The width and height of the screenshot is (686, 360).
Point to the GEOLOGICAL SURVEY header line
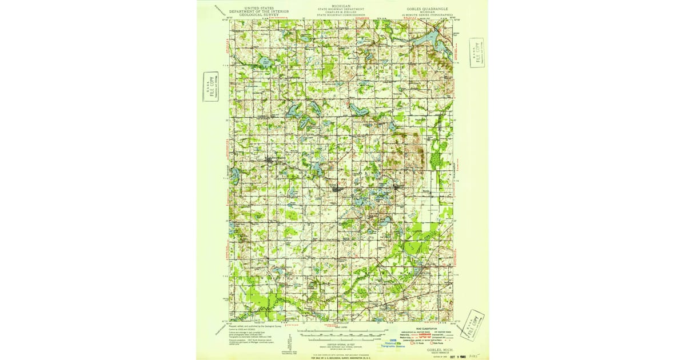click(x=250, y=15)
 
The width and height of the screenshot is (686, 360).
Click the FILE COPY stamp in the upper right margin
click(x=476, y=53)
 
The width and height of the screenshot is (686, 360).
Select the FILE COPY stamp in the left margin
click(x=211, y=86)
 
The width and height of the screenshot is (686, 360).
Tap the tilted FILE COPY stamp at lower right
click(x=473, y=325)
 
